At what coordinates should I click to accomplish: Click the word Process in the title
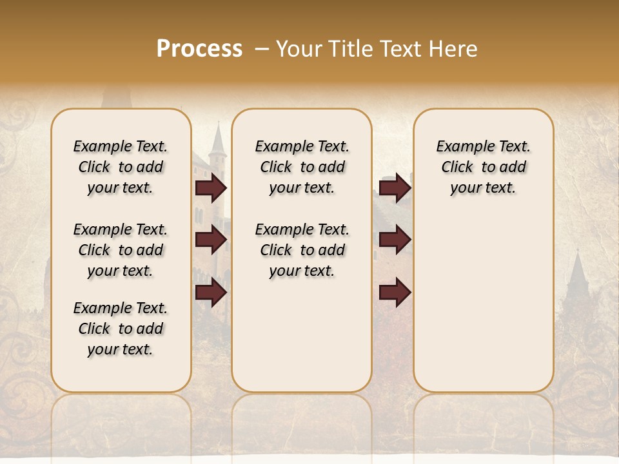pyautogui.click(x=199, y=49)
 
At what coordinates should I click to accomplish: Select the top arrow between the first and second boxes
pyautogui.click(x=211, y=188)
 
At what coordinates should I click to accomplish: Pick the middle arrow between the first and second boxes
pyautogui.click(x=211, y=240)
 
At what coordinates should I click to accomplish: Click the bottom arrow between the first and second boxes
pyautogui.click(x=211, y=293)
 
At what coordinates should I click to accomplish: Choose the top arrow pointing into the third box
pyautogui.click(x=395, y=188)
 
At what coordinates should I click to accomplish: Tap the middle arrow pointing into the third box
pyautogui.click(x=395, y=240)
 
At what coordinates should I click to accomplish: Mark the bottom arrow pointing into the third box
pyautogui.click(x=395, y=293)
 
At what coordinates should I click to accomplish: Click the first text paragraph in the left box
pyautogui.click(x=121, y=167)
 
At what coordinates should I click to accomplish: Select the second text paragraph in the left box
pyautogui.click(x=121, y=250)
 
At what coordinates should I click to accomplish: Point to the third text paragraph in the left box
pyautogui.click(x=121, y=329)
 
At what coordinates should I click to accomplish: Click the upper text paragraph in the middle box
pyautogui.click(x=302, y=167)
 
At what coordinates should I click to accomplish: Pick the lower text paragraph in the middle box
pyautogui.click(x=302, y=250)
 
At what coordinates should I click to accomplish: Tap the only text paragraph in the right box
pyautogui.click(x=483, y=167)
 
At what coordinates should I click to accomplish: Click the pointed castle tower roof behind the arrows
pyautogui.click(x=218, y=139)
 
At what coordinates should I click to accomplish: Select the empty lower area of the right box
pyautogui.click(x=483, y=303)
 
